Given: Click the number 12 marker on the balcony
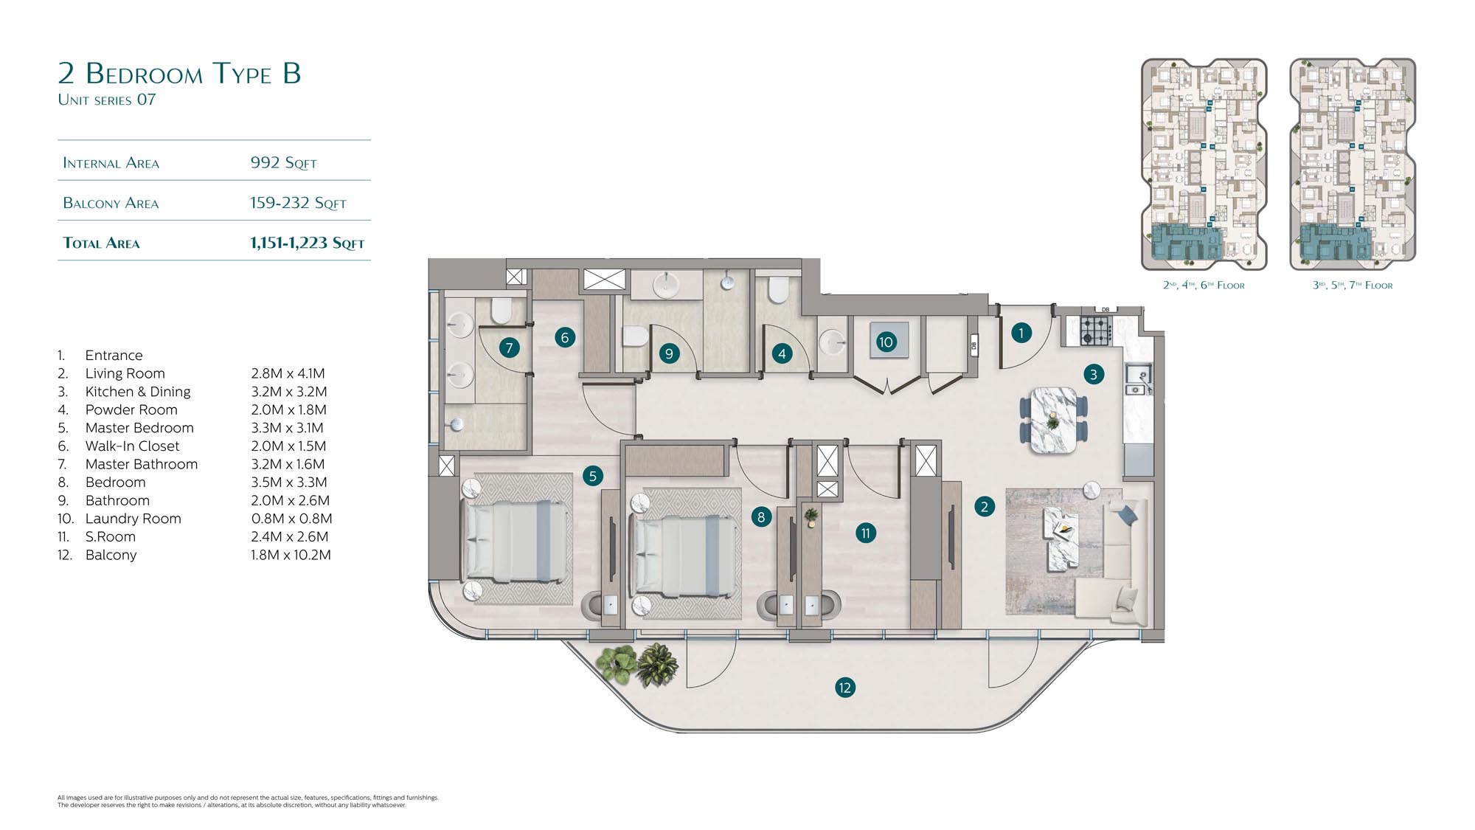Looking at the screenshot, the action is [x=844, y=688].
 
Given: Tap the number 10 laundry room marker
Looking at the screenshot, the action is [x=886, y=342].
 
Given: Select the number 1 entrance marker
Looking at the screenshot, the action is [x=1021, y=333].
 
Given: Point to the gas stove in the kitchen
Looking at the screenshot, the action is [x=1095, y=331].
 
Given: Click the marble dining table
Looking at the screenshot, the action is [x=1053, y=420].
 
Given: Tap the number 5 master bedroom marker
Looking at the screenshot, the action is [x=592, y=476].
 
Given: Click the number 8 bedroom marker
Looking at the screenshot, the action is [x=761, y=516].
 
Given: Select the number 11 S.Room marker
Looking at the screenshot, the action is [x=865, y=533].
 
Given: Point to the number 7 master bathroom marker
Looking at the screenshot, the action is [x=508, y=347].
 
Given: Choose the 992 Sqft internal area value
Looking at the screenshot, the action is [x=283, y=162].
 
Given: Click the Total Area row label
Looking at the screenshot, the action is [x=101, y=243].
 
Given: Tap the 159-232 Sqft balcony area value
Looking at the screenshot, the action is [x=298, y=203].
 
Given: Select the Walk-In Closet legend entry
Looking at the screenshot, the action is [x=132, y=446].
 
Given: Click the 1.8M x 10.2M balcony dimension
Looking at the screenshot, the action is [x=291, y=555].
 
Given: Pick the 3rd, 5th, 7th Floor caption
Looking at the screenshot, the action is [x=1353, y=285].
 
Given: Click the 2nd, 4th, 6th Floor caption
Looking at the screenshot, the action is [x=1204, y=285].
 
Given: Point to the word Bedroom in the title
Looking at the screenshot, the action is [x=144, y=74].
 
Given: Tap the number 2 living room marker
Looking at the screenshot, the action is [x=984, y=506].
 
